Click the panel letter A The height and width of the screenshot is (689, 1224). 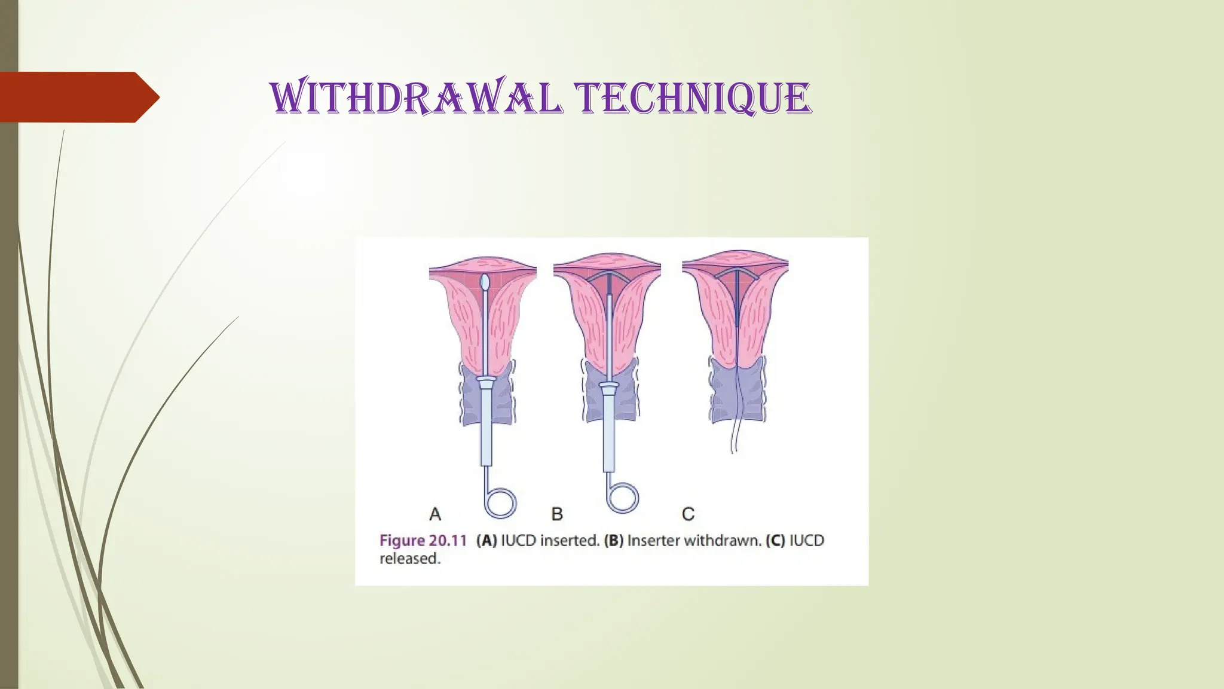click(435, 514)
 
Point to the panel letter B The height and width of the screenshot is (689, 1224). click(557, 514)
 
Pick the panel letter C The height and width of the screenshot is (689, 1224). click(688, 514)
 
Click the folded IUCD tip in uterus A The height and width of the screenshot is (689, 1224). click(485, 281)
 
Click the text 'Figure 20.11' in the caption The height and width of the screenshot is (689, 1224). click(423, 541)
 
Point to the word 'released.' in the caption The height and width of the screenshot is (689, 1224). click(410, 559)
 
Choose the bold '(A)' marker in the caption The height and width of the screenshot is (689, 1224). click(486, 541)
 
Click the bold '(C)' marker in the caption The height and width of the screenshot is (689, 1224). click(776, 541)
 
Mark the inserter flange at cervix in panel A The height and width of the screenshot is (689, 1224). click(485, 380)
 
